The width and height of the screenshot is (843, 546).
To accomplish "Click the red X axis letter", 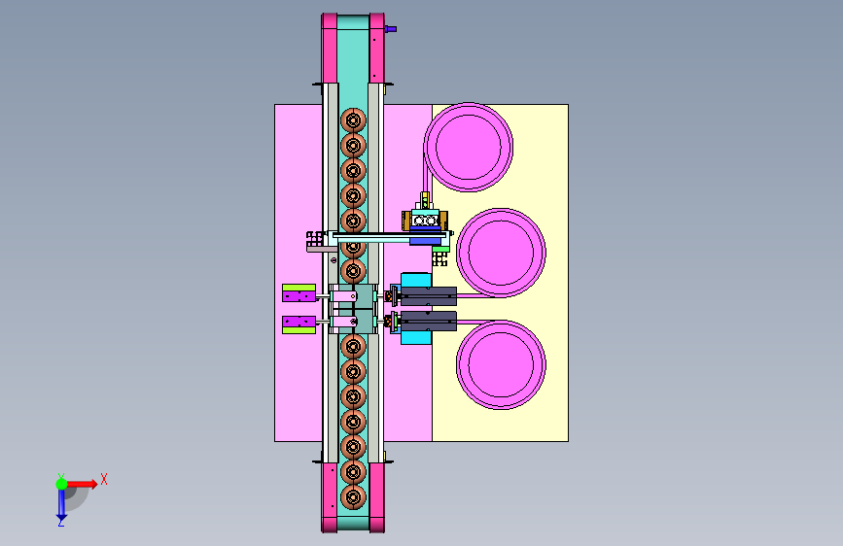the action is tap(104, 479).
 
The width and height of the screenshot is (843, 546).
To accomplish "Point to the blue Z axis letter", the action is tap(61, 522).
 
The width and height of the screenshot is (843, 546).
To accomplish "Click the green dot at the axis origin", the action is tap(62, 484).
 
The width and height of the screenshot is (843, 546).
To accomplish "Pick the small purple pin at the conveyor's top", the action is tap(391, 29).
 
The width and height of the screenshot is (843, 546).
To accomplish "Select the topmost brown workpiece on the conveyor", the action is tap(353, 120).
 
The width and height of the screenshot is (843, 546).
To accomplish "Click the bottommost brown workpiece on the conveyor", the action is tap(353, 497).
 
